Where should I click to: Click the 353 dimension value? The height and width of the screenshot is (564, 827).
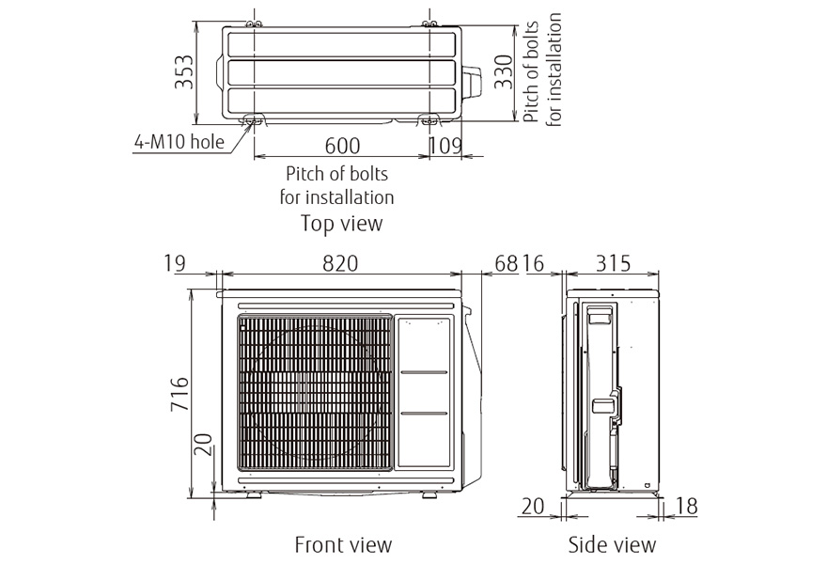[184, 72]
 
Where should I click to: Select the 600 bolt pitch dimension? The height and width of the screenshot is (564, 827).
[342, 146]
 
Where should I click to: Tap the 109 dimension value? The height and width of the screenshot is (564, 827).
[445, 146]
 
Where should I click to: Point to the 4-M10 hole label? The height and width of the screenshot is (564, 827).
[179, 143]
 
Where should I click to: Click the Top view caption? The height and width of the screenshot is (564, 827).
[341, 223]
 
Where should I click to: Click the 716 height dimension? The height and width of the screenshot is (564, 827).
[181, 395]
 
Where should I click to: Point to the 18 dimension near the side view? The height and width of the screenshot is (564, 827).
[686, 507]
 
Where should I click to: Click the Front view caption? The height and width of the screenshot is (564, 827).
[343, 544]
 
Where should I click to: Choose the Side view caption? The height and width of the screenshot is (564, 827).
[612, 544]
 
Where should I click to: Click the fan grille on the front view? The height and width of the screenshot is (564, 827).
[315, 393]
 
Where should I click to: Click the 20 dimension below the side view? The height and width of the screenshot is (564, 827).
[532, 507]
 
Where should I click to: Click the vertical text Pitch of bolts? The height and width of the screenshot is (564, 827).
[532, 68]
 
